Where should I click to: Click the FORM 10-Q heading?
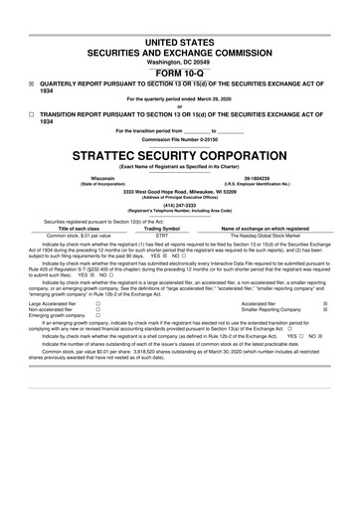[x=179, y=73]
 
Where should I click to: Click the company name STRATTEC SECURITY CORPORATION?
[x=179, y=156]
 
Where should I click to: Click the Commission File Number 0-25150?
[x=179, y=140]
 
